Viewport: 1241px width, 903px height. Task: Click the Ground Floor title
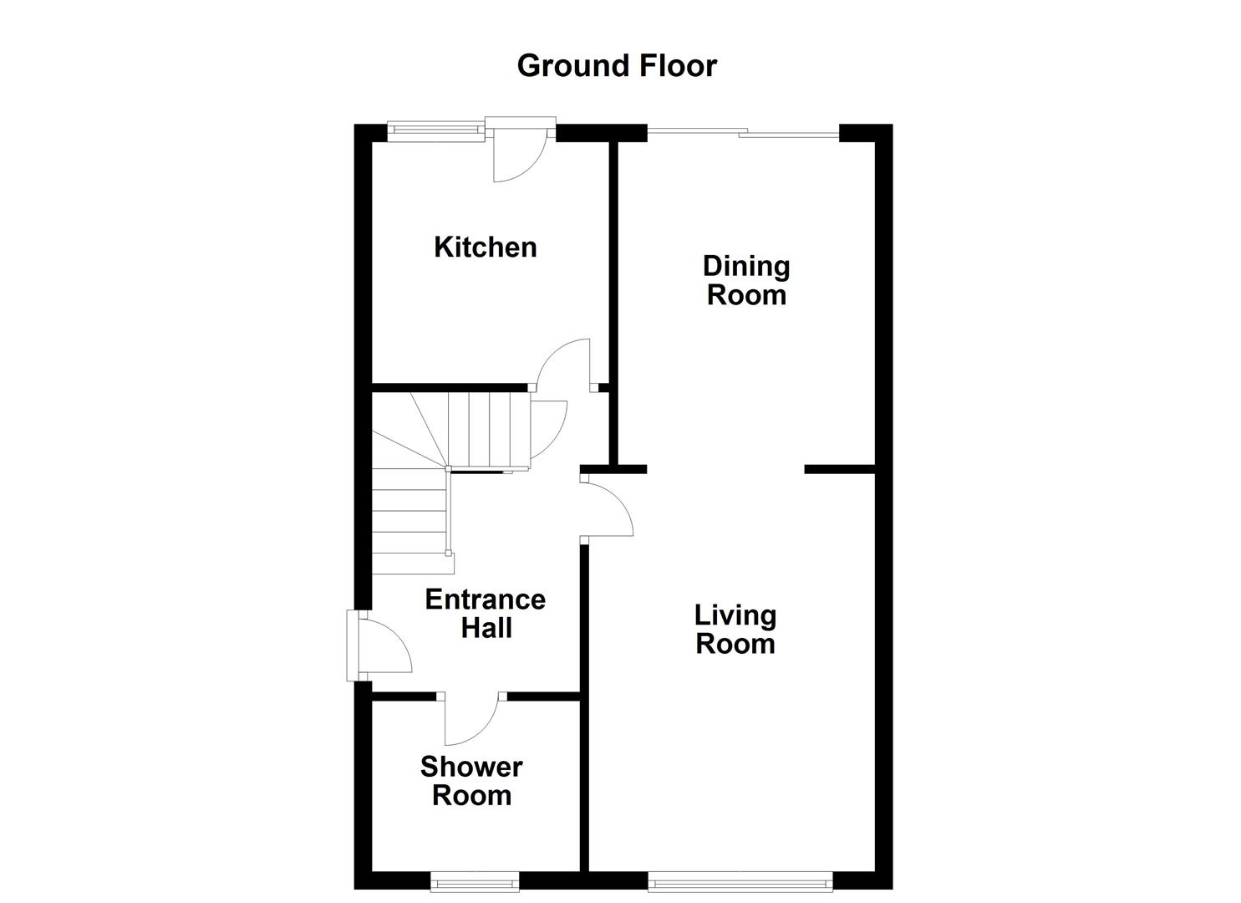point(617,65)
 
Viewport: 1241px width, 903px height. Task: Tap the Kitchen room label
point(485,247)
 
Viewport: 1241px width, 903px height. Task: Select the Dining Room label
point(746,280)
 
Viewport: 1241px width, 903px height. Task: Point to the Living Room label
point(735,630)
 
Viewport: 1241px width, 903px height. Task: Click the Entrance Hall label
point(486,613)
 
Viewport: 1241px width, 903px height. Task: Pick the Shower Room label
point(471,780)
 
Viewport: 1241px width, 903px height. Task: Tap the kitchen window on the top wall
point(435,129)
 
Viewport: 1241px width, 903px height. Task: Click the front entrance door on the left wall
point(380,644)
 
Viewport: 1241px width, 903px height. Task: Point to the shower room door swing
point(470,719)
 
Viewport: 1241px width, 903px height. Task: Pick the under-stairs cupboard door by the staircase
point(547,426)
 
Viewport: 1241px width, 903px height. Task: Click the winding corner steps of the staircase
point(409,435)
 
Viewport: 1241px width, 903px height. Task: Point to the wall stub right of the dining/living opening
point(838,469)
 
